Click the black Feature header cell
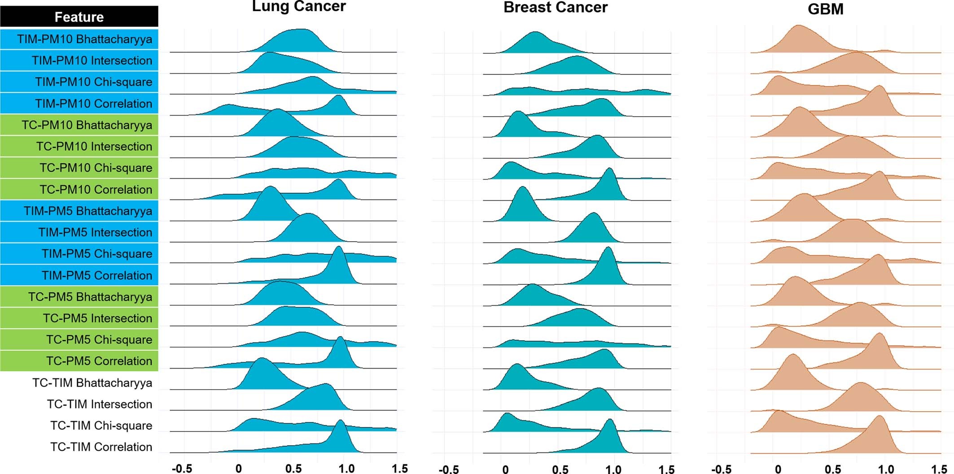79,17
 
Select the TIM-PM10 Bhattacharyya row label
84,39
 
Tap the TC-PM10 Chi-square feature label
96,168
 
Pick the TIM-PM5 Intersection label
95,232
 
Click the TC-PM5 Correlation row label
99,361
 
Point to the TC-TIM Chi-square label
101,426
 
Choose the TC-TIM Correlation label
101,447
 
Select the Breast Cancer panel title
555,8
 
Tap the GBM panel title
825,9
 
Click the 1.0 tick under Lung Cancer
346,469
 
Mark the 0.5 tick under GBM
833,469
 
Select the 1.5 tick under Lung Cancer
399,469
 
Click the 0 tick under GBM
778,469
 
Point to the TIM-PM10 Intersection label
92,61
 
